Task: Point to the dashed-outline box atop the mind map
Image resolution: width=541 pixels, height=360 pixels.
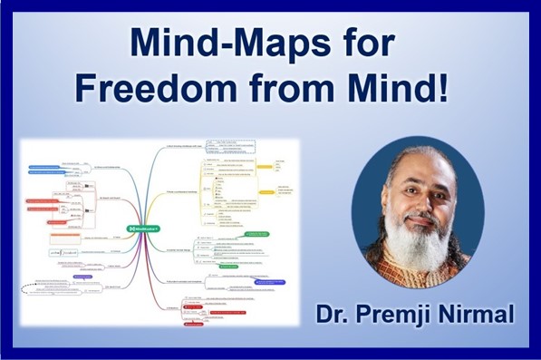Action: tap(234, 147)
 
